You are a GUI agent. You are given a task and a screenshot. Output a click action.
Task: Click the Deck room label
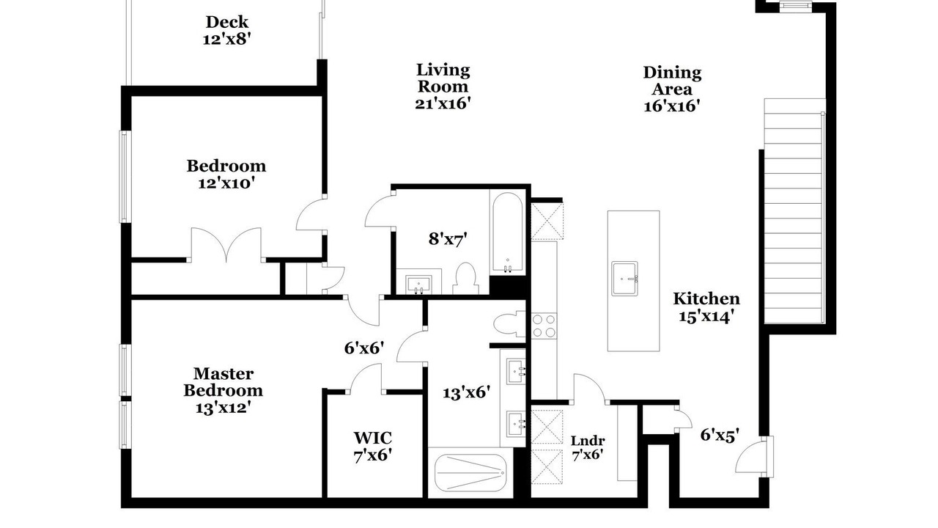point(226,22)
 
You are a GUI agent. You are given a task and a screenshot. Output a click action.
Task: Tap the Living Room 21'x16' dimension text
point(443,103)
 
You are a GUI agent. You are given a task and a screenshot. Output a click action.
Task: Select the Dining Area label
point(672,81)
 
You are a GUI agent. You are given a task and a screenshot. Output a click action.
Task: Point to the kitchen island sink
point(624,279)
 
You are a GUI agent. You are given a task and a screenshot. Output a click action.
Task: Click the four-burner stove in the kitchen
point(544,326)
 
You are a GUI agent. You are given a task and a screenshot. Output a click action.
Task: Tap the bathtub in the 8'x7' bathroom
point(508,232)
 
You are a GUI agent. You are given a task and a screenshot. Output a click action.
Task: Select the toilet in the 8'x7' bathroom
point(465,278)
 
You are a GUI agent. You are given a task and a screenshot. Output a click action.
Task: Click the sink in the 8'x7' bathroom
point(418,285)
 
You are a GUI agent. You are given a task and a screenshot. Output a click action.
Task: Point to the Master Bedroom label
point(224,382)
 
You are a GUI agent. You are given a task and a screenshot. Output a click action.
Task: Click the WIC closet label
point(373,439)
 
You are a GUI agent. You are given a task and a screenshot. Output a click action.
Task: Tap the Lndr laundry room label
point(588,441)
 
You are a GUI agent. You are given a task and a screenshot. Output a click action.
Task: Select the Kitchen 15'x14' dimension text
point(706,316)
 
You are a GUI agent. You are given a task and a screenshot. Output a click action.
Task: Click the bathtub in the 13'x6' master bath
point(471,473)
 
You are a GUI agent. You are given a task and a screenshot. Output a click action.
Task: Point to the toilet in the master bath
point(509,324)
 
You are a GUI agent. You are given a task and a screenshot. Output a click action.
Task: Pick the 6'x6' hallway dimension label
point(364,348)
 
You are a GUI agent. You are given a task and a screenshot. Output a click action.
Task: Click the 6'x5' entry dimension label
point(720,436)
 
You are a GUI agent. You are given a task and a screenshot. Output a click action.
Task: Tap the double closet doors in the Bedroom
point(226,245)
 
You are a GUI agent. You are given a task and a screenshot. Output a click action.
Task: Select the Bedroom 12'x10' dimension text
point(226,183)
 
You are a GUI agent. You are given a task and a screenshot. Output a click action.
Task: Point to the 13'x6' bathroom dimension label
point(467,392)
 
